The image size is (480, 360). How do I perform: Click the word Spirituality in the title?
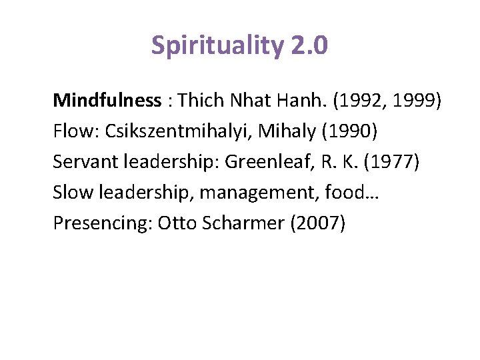click(218, 46)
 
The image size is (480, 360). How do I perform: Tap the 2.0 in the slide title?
click(309, 46)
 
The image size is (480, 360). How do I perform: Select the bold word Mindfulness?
click(107, 101)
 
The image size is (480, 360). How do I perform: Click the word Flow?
click(69, 131)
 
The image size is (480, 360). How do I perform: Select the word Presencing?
click(101, 223)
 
